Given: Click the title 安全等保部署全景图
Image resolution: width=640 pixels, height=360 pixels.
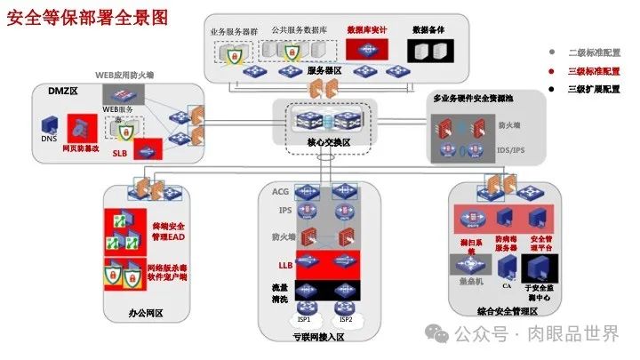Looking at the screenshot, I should [86, 17].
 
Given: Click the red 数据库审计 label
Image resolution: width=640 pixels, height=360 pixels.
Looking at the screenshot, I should [366, 30].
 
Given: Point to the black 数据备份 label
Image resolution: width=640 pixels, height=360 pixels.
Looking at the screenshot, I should [428, 30].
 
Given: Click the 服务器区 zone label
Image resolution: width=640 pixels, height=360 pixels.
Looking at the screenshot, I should [325, 69].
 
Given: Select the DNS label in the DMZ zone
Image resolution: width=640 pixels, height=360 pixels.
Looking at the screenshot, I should [48, 140].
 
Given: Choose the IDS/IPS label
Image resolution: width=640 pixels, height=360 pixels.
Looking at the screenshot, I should [510, 150].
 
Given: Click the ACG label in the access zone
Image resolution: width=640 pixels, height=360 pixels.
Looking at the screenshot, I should [280, 191].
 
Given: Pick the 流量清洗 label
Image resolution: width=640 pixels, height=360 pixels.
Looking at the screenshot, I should [280, 294].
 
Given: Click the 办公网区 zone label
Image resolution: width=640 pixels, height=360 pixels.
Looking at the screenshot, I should [146, 313].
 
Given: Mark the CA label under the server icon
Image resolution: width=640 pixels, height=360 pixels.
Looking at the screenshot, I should [506, 287].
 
